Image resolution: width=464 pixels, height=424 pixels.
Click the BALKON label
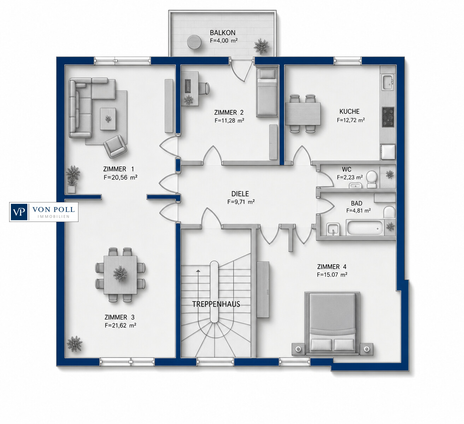[223, 33]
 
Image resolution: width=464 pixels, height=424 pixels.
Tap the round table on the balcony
[194, 42]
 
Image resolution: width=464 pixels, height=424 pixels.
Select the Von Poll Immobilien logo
[44, 212]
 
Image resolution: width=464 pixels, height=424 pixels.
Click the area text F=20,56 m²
[121, 177]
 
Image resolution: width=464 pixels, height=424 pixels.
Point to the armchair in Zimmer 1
[115, 146]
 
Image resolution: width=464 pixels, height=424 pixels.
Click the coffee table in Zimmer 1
[108, 119]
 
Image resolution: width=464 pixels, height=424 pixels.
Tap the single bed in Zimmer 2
[267, 91]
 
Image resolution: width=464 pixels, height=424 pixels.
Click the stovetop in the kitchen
[388, 117]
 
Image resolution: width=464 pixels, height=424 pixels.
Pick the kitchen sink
[388, 82]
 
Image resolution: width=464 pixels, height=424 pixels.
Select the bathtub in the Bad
[365, 228]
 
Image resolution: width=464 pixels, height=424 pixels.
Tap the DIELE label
[240, 194]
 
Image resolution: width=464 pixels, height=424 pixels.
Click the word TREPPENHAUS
[216, 304]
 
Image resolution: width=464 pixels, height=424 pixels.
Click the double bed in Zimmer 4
[333, 323]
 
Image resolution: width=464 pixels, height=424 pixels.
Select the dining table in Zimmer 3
[120, 275]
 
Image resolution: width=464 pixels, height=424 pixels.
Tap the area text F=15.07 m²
[332, 275]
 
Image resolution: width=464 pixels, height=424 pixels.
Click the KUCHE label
[349, 111]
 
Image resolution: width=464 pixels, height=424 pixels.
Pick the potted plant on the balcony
[262, 46]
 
